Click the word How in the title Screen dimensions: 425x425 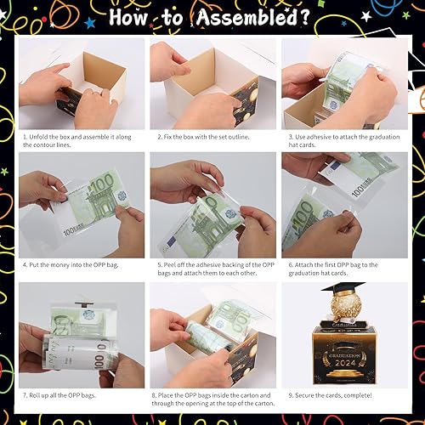tap(139, 16)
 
